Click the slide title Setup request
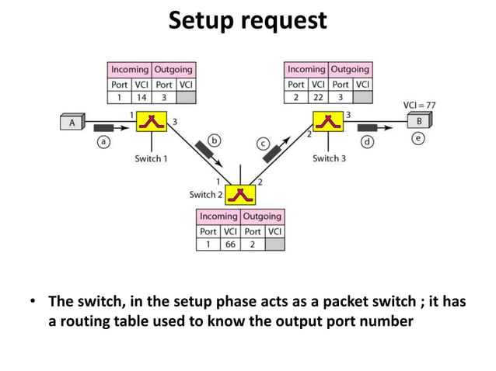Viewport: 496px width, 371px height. (248, 21)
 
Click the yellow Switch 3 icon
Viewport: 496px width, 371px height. (327, 122)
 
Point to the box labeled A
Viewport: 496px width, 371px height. (72, 121)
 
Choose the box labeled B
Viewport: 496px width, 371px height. (420, 122)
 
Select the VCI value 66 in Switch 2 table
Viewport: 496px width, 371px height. (231, 244)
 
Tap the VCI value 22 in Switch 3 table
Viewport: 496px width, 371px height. (318, 98)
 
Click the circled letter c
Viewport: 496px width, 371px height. (264, 144)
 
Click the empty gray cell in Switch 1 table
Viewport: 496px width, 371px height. (186, 98)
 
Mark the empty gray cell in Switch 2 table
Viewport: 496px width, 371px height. (274, 244)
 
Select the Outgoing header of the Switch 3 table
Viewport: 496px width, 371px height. (350, 70)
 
